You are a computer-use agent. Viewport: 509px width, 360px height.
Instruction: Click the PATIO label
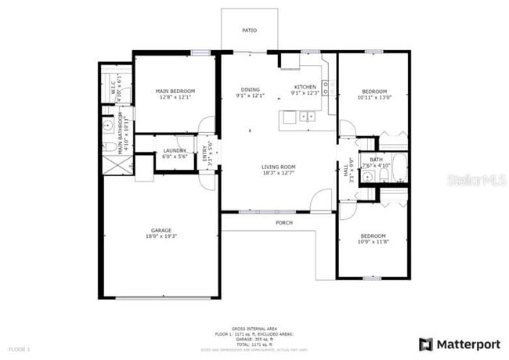coord(247,31)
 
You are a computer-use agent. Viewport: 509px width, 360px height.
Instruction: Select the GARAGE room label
coord(161,230)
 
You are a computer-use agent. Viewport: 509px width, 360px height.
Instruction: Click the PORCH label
coord(283,223)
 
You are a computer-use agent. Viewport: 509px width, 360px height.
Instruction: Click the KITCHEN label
coord(305,87)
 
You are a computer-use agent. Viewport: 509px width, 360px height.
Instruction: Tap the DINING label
coord(251,90)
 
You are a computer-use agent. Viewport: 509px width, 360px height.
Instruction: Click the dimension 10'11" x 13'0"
coord(372,97)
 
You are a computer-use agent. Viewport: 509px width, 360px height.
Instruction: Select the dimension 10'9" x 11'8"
coord(373,242)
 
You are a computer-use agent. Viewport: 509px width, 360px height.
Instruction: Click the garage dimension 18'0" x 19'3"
coord(161,236)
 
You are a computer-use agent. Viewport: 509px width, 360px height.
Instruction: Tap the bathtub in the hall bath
coord(396,167)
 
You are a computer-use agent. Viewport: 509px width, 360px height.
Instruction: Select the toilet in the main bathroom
coord(106,146)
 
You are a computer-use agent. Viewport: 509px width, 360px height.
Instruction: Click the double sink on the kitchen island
coord(307,118)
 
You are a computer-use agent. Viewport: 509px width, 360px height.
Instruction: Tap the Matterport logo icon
coord(426,344)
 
